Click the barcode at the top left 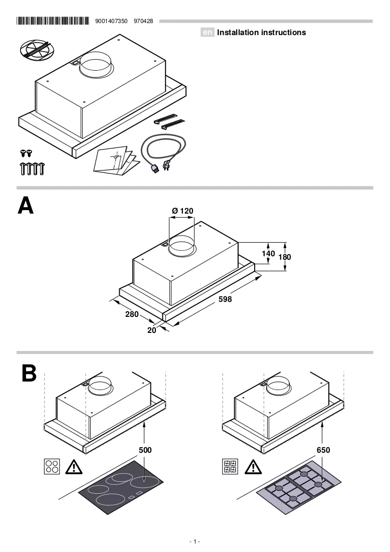[x=53, y=21]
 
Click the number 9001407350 [x=111, y=21]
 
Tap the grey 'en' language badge [x=208, y=33]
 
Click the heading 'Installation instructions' [x=262, y=33]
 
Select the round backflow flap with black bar [x=35, y=50]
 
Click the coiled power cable [x=163, y=152]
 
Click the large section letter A [x=26, y=205]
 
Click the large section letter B [x=29, y=373]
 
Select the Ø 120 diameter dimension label [x=182, y=211]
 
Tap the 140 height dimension [x=268, y=254]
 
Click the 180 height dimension [x=285, y=257]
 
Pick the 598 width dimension [x=225, y=299]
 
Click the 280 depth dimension [x=132, y=314]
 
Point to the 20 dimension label [x=152, y=330]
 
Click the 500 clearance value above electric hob [x=145, y=450]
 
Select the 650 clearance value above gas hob [x=323, y=450]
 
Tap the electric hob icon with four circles [x=52, y=466]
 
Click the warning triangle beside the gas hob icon [x=253, y=467]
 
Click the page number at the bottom [x=194, y=541]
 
